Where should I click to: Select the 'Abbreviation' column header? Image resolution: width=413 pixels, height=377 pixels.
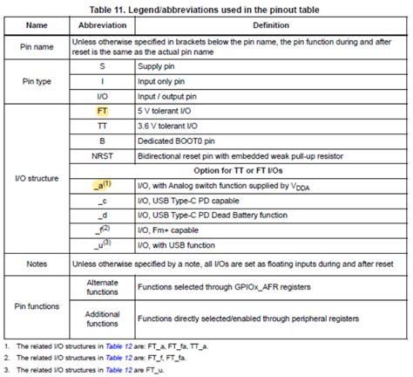(102, 26)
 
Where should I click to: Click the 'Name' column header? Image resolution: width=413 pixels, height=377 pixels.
(37, 26)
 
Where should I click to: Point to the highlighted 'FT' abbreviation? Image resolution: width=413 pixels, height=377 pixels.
(102, 112)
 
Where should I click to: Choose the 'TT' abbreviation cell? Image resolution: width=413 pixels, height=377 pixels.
(102, 126)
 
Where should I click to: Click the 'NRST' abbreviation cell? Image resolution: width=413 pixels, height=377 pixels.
(102, 155)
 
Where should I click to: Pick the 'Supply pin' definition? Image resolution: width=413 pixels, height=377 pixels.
(159, 65)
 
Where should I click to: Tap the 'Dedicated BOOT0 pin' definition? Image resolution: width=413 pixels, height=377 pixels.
(177, 141)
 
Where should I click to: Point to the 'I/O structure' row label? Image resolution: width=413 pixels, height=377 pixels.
(37, 178)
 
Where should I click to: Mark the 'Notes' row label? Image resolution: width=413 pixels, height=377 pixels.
(37, 262)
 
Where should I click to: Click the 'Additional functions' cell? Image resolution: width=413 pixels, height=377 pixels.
(102, 321)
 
